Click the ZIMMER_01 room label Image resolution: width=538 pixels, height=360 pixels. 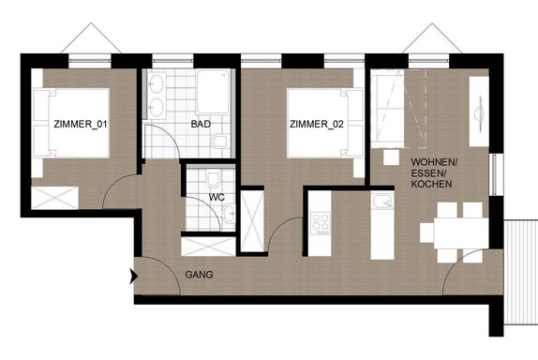click(81, 124)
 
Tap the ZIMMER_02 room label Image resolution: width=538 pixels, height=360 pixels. click(317, 124)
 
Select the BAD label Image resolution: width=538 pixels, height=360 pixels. click(201, 124)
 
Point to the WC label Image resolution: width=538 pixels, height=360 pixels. click(217, 197)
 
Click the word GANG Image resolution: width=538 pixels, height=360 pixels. click(199, 275)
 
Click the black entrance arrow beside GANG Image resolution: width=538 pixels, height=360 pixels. click(133, 277)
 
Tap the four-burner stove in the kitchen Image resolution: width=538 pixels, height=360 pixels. click(321, 223)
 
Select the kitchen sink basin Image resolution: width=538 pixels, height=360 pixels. click(381, 202)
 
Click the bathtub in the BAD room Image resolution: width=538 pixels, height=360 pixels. click(213, 92)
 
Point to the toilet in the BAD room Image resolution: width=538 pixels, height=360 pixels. click(219, 142)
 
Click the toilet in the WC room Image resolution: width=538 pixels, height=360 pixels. click(213, 179)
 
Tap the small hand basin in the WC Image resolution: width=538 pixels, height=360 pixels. click(229, 213)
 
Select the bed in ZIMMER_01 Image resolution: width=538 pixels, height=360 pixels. click(71, 123)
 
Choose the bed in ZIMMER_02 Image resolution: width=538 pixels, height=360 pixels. click(325, 124)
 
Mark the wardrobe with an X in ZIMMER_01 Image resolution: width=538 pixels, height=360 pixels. click(55, 197)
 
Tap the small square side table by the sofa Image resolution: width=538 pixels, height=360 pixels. click(391, 157)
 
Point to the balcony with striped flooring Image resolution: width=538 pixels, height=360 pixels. click(521, 273)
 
